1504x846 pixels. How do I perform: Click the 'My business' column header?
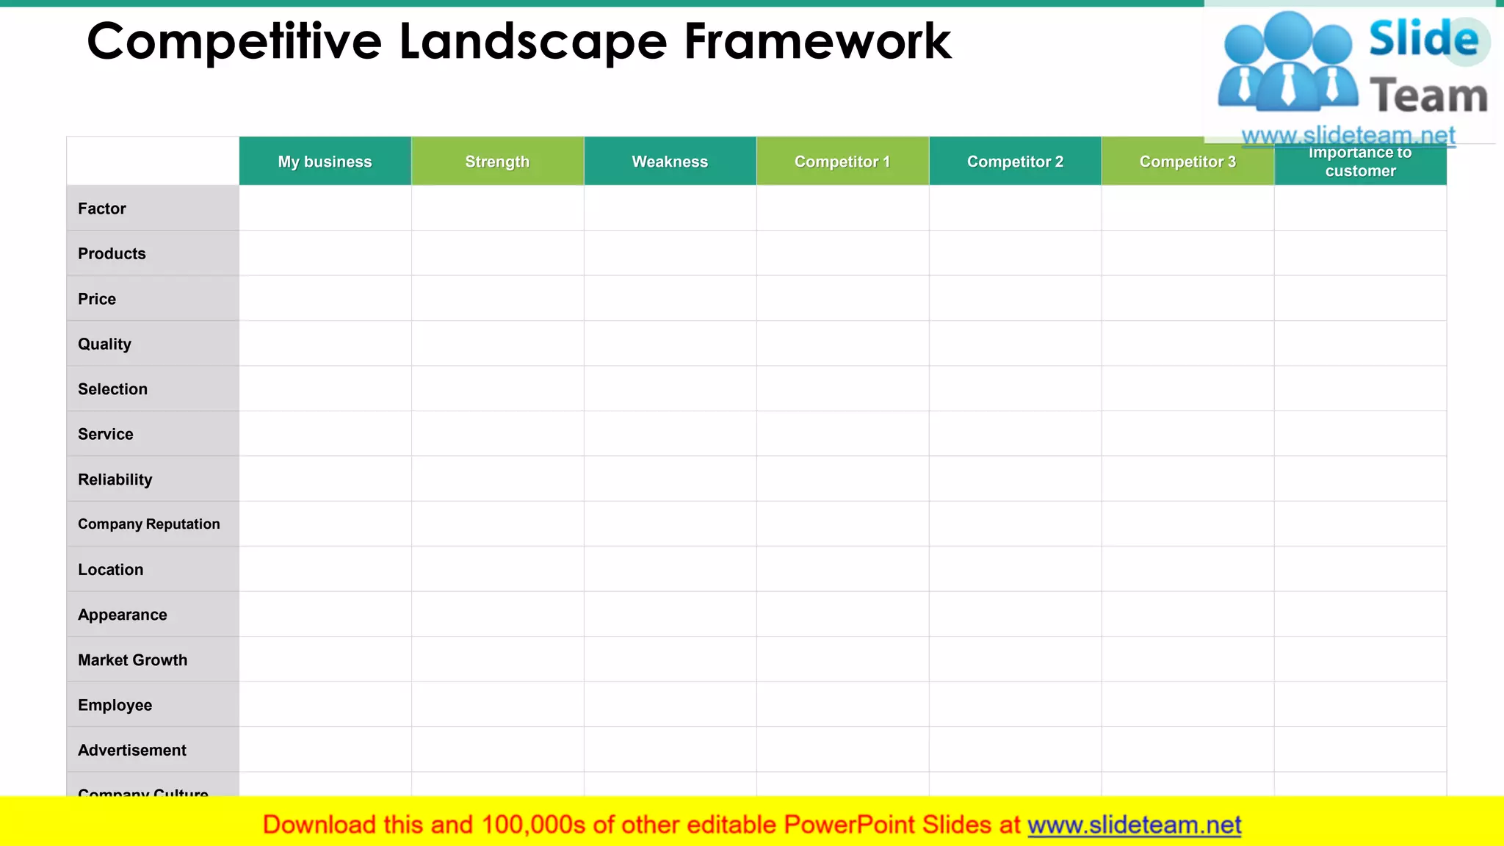click(x=325, y=162)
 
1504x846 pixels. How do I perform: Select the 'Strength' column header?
click(x=497, y=162)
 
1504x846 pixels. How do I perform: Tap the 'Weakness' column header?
click(x=670, y=162)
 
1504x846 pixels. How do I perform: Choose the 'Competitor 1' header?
click(x=842, y=162)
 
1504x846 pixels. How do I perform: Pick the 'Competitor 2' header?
click(x=1015, y=162)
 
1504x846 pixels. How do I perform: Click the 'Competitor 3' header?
click(x=1187, y=162)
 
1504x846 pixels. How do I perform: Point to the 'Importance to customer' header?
click(x=1360, y=162)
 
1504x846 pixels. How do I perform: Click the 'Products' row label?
click(x=112, y=254)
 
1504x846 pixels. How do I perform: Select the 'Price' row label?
click(x=97, y=299)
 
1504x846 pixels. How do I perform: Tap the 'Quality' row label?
click(x=105, y=344)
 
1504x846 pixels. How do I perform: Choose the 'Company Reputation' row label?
click(x=149, y=524)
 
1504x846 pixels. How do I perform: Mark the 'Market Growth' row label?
click(x=133, y=660)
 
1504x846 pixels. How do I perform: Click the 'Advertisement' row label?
click(x=132, y=751)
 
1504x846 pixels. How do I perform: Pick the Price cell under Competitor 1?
click(x=842, y=299)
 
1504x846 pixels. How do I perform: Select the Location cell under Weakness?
click(x=670, y=570)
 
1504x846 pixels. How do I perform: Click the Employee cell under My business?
click(x=325, y=705)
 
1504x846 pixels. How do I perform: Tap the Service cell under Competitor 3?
click(x=1187, y=434)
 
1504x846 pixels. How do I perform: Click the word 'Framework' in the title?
click(x=817, y=42)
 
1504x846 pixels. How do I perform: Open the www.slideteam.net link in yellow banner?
click(x=1134, y=825)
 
